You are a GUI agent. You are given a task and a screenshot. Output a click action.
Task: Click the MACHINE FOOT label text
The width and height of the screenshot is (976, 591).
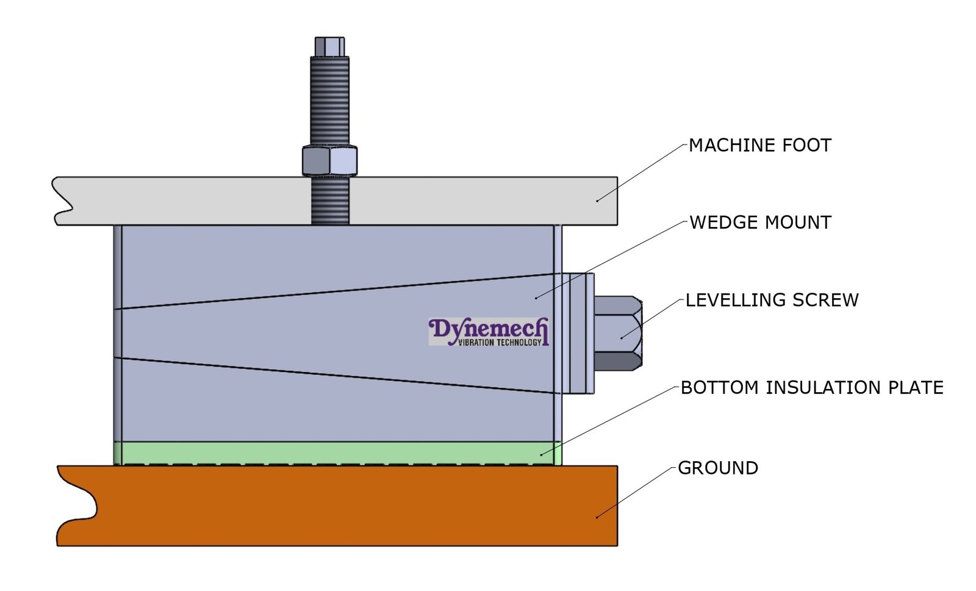pos(759,146)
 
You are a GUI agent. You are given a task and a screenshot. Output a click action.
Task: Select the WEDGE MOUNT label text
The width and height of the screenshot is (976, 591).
pos(760,223)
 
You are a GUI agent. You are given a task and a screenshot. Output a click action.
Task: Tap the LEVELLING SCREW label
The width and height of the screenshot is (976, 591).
pos(772,300)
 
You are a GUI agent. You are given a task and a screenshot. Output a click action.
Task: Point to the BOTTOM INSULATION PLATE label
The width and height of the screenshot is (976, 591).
pos(812,388)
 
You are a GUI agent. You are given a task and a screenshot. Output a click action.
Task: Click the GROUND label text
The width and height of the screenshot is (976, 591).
pos(718,468)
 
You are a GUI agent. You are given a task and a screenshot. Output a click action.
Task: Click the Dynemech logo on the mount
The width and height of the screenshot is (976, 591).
pos(488,329)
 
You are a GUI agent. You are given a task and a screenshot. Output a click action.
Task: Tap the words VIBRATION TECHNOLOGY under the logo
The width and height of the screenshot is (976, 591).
pos(500,343)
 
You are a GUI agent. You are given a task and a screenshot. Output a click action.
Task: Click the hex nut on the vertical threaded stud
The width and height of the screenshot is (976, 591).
pos(329,161)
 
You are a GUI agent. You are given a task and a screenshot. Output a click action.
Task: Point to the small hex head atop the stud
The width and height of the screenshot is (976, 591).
pos(329,46)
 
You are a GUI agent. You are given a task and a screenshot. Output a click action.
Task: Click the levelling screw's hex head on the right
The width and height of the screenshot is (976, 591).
pos(617,333)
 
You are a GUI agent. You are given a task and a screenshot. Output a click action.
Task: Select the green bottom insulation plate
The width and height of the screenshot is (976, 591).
pos(335,453)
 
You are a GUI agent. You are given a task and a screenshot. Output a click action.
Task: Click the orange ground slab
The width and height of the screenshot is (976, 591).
pos(335,506)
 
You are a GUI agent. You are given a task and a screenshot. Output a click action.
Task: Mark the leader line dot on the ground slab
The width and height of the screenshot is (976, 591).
pos(597,517)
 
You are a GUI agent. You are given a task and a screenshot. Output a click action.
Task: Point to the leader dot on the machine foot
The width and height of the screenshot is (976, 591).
pos(597,200)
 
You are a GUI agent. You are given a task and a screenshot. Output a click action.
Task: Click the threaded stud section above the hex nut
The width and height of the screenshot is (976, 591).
pos(329,101)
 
